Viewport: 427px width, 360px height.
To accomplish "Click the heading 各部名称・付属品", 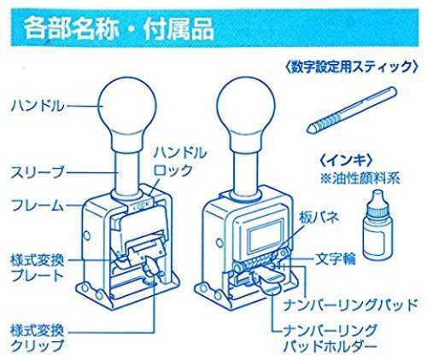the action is [119, 28].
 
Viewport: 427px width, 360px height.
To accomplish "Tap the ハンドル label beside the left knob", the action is [38, 106].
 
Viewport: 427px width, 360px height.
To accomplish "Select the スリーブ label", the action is [38, 172].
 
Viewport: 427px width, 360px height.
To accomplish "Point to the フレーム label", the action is [38, 205].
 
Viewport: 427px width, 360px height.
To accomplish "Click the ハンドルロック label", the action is [180, 162].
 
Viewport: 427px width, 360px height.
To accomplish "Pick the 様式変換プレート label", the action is [37, 268].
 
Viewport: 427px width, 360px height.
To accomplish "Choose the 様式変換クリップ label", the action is [37, 339].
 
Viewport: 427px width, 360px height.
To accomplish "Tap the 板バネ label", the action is [319, 218].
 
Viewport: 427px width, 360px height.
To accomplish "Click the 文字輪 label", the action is [336, 258].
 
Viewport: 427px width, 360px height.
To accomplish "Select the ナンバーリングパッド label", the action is [350, 305].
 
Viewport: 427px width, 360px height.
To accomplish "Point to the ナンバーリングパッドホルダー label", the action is [330, 339].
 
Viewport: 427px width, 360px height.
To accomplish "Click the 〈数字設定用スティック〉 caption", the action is [352, 67].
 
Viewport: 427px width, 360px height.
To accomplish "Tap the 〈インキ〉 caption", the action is [346, 161].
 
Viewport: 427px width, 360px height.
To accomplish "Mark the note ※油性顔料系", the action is [360, 178].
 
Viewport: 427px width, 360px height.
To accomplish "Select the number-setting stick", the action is [351, 110].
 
